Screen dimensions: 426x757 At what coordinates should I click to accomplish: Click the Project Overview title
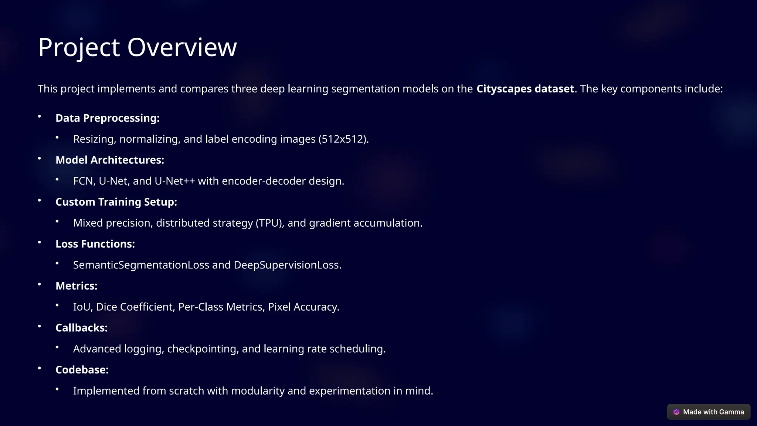point(137,47)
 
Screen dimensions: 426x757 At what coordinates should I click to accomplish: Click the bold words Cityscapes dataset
point(525,89)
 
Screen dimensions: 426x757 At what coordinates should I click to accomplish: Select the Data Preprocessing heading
point(107,118)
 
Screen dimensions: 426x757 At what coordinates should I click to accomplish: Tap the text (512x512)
point(343,139)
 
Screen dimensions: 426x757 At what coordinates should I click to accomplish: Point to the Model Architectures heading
point(109,160)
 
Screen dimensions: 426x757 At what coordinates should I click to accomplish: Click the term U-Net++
point(174,181)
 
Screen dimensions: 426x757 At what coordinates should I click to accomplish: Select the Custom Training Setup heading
point(116,202)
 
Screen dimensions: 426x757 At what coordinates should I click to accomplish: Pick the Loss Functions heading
point(95,244)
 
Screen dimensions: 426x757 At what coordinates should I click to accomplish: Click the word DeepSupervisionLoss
point(287,265)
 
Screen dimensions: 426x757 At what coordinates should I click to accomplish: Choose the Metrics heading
point(76,286)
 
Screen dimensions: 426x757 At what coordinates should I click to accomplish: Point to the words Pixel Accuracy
point(303,307)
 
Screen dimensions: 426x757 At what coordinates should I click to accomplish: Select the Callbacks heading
point(81,328)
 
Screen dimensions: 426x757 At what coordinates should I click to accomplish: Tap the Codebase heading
point(82,370)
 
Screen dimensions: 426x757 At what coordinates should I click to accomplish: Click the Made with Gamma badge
point(709,412)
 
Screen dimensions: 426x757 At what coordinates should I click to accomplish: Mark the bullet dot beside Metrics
point(40,284)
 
